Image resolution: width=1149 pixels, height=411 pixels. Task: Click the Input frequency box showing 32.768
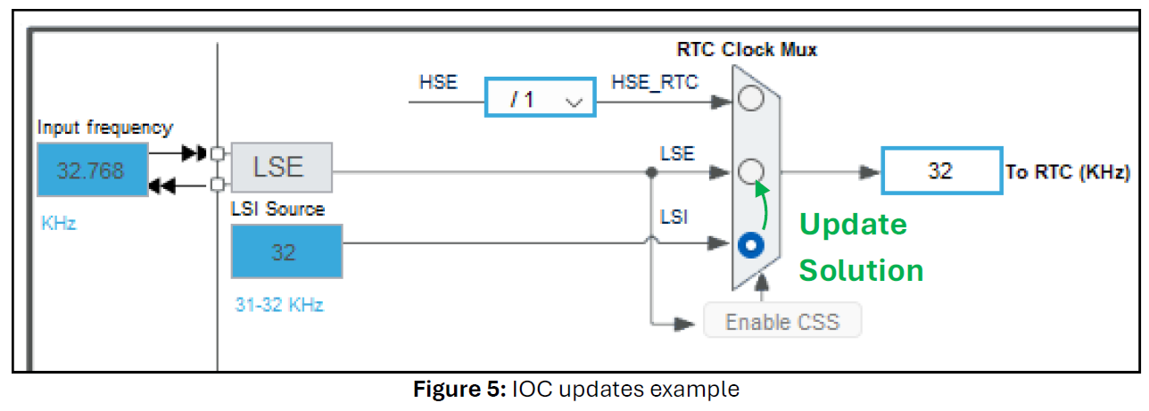click(x=92, y=169)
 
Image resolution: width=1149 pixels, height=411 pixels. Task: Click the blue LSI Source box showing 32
click(x=286, y=252)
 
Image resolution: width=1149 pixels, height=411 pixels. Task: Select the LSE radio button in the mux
click(x=752, y=169)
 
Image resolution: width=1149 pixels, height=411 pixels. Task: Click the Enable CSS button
click(x=782, y=321)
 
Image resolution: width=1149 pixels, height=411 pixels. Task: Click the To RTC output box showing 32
click(x=941, y=170)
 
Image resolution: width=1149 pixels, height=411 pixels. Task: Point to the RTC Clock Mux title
click(x=747, y=49)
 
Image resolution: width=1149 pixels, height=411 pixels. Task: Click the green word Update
click(x=852, y=225)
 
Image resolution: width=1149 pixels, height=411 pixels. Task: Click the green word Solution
click(x=860, y=269)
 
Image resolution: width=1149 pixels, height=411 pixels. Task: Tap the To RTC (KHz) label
click(x=1068, y=172)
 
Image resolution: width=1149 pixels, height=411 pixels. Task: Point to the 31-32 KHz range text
click(x=279, y=305)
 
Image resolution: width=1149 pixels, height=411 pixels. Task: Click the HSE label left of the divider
click(x=438, y=83)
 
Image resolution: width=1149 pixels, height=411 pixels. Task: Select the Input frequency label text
click(x=104, y=127)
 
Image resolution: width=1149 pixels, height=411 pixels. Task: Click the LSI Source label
click(x=277, y=210)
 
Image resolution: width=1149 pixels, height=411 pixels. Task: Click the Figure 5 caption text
click(x=575, y=390)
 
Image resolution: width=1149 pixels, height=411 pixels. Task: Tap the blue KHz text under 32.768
click(x=59, y=223)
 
